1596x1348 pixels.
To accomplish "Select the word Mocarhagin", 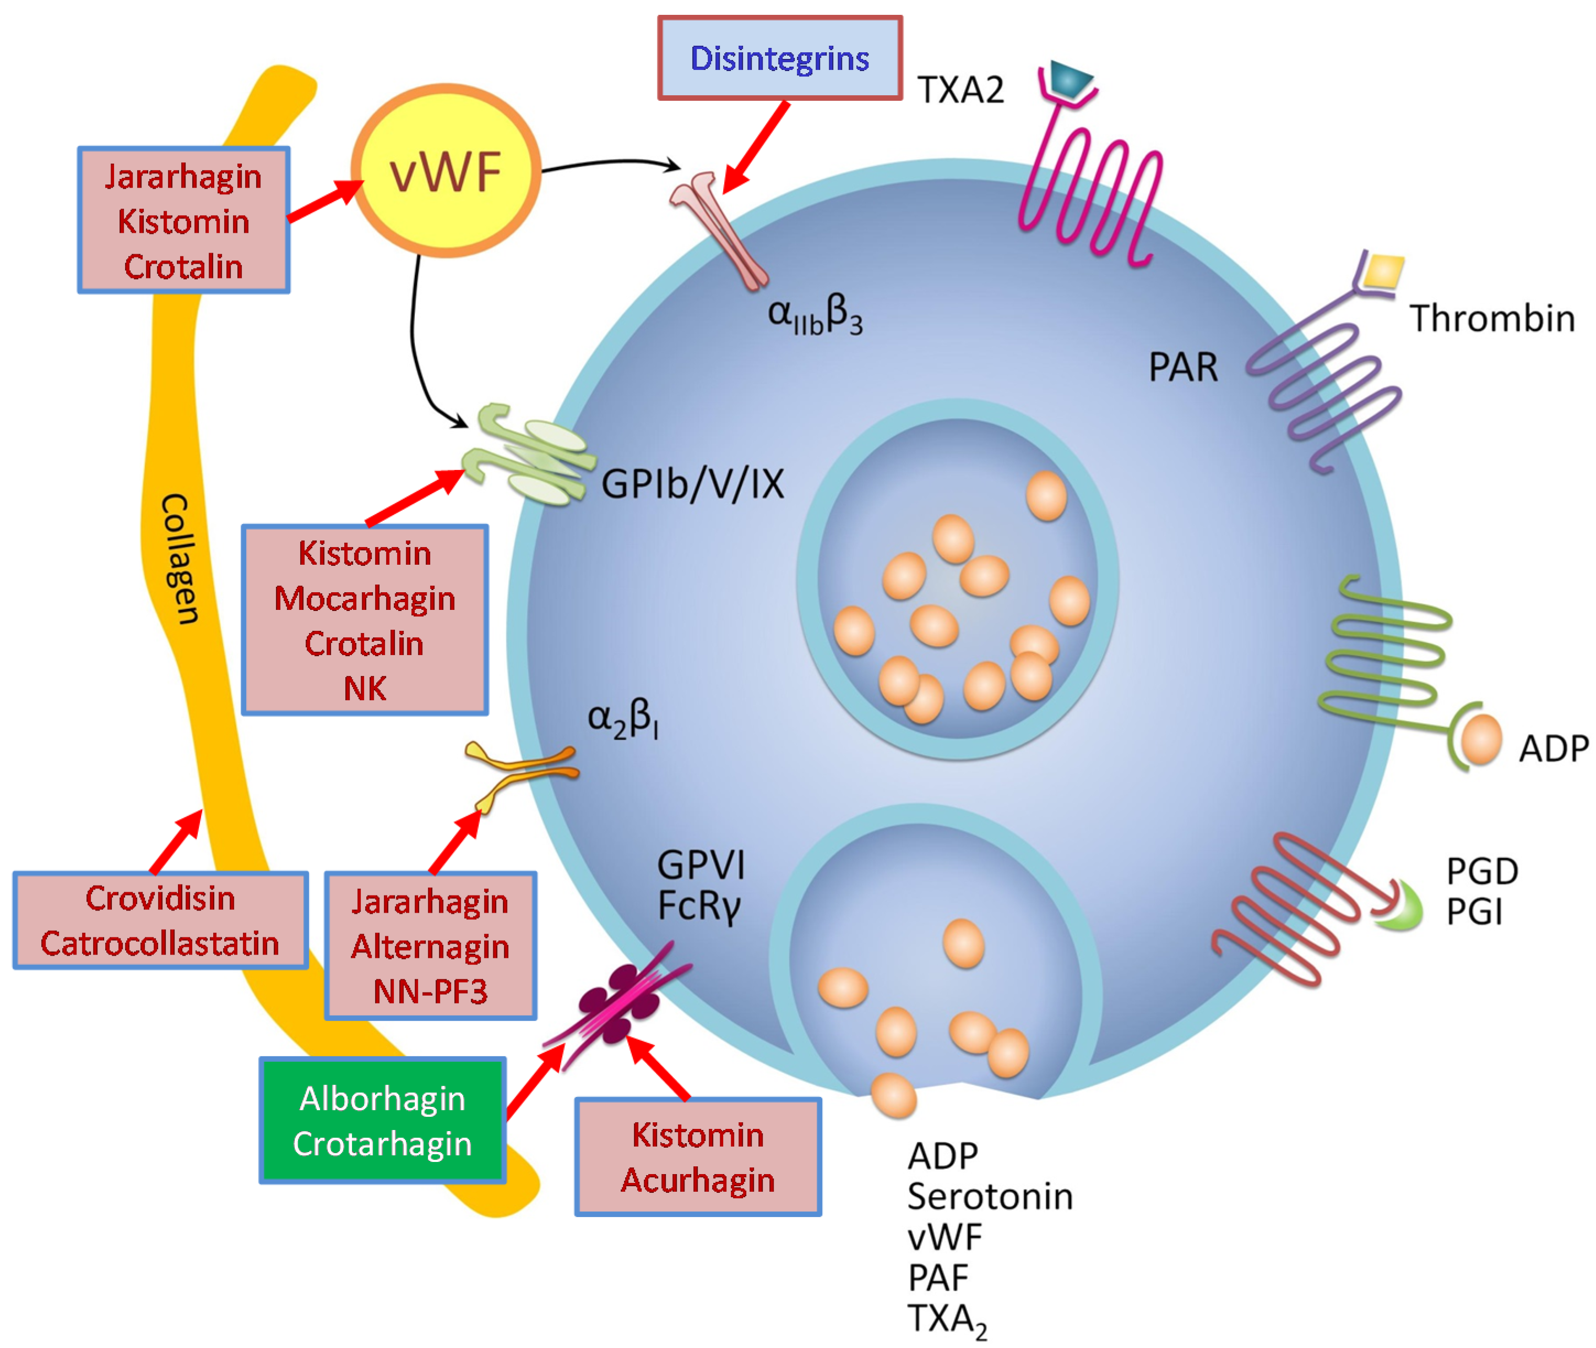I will [365, 598].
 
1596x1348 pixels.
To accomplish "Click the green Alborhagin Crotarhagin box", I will [382, 1120].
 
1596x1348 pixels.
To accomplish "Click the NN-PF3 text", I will [430, 991].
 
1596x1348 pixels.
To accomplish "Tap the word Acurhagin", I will [697, 1180].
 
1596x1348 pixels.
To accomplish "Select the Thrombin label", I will [1491, 318].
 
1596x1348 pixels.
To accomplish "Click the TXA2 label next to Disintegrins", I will [960, 90].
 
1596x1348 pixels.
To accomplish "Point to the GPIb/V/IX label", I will [692, 484].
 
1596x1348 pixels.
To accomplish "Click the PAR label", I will [1182, 368].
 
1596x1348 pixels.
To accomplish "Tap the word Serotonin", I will [989, 1197].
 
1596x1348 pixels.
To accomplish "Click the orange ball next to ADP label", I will [1480, 739].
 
